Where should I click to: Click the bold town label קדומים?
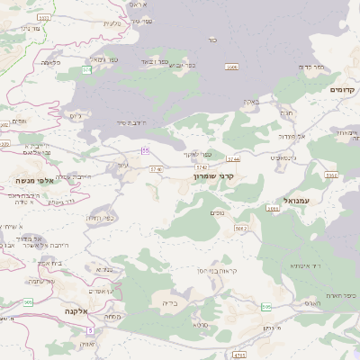[x=343, y=90]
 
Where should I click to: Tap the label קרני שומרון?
[x=213, y=176]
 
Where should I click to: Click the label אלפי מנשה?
[x=30, y=179]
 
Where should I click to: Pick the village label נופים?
[x=216, y=212]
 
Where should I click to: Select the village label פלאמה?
[x=51, y=63]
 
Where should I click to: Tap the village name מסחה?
[x=112, y=316]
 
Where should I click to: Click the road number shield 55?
[x=145, y=151]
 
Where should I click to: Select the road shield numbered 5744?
[x=234, y=157]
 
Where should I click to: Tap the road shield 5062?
[x=240, y=229]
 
